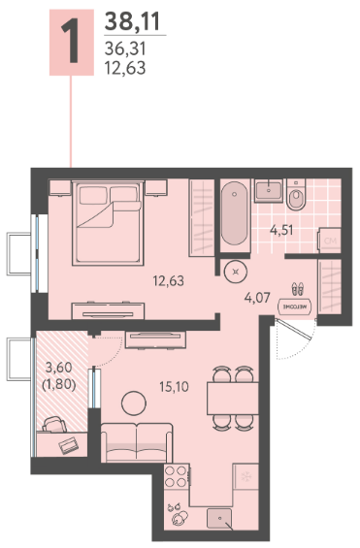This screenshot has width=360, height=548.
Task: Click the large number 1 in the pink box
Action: (71, 42)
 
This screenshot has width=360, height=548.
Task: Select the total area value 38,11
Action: (132, 21)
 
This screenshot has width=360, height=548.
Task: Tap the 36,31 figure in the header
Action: (125, 48)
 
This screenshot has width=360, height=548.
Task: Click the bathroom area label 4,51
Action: (281, 230)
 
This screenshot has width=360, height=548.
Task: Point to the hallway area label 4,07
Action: (257, 298)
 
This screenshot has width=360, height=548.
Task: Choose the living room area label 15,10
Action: (174, 387)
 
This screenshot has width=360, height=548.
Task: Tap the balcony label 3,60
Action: (59, 368)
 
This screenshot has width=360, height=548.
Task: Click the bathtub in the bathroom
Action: (235, 213)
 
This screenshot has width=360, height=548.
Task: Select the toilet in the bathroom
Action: (296, 195)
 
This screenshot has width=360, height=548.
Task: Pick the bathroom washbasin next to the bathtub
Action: (268, 190)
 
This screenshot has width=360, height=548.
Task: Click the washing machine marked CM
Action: (330, 241)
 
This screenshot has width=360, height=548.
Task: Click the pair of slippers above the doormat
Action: (297, 289)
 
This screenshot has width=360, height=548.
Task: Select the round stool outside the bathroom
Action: (236, 272)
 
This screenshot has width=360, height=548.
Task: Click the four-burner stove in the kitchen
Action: (177, 476)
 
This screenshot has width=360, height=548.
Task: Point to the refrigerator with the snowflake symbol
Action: (246, 476)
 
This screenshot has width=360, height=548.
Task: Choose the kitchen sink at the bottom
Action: (219, 518)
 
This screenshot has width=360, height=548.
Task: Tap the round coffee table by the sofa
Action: (134, 403)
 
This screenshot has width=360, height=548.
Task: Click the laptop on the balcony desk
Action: (69, 445)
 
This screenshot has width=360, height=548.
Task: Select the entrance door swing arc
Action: (300, 349)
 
